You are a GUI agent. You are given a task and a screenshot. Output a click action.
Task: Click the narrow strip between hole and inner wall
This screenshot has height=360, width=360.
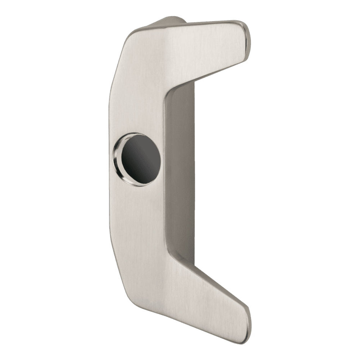tap(163, 159)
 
